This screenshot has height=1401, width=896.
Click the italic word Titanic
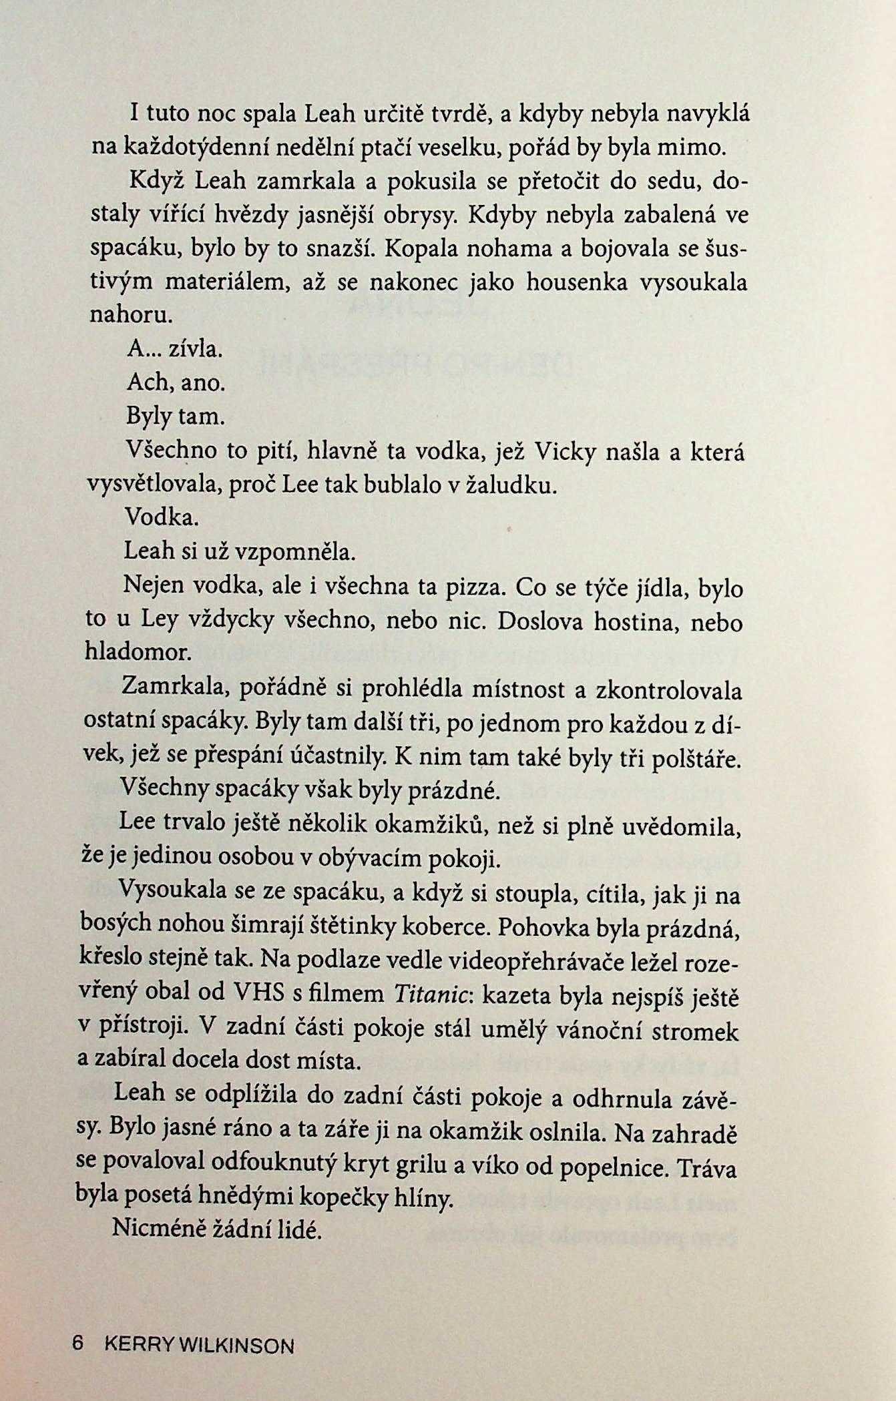433,994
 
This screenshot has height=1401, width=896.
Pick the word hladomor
138,651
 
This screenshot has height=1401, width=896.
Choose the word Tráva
706,1168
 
